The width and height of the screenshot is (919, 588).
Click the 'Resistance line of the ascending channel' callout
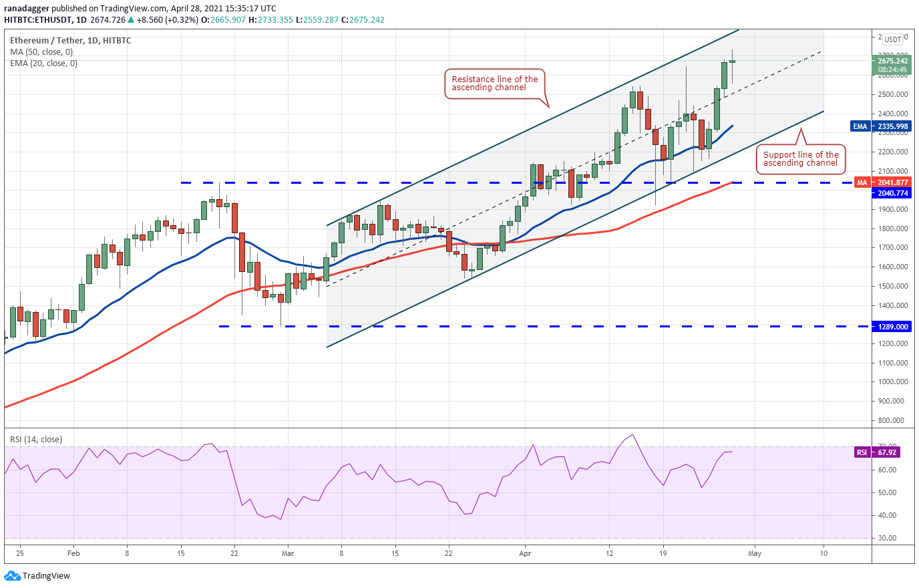[x=494, y=84]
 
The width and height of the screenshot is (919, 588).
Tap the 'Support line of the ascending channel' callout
[x=800, y=159]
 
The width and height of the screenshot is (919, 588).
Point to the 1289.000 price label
[x=892, y=327]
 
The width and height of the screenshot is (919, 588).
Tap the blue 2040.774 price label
[x=892, y=193]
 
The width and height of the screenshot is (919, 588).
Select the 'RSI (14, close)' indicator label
[x=36, y=440]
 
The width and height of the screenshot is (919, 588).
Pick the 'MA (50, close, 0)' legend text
[x=41, y=52]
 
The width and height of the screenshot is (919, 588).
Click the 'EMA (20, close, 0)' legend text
[x=43, y=63]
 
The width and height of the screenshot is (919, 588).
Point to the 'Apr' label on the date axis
[x=525, y=553]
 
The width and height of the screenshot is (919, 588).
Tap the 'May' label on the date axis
[x=755, y=553]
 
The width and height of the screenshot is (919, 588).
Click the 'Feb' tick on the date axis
[x=73, y=553]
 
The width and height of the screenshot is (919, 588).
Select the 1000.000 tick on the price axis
[x=893, y=382]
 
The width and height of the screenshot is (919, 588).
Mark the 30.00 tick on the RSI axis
[x=887, y=538]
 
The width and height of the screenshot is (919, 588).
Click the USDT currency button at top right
[x=893, y=39]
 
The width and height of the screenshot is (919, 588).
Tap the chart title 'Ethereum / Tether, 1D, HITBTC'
[x=71, y=41]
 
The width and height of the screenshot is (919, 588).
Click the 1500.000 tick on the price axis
[x=893, y=286]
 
